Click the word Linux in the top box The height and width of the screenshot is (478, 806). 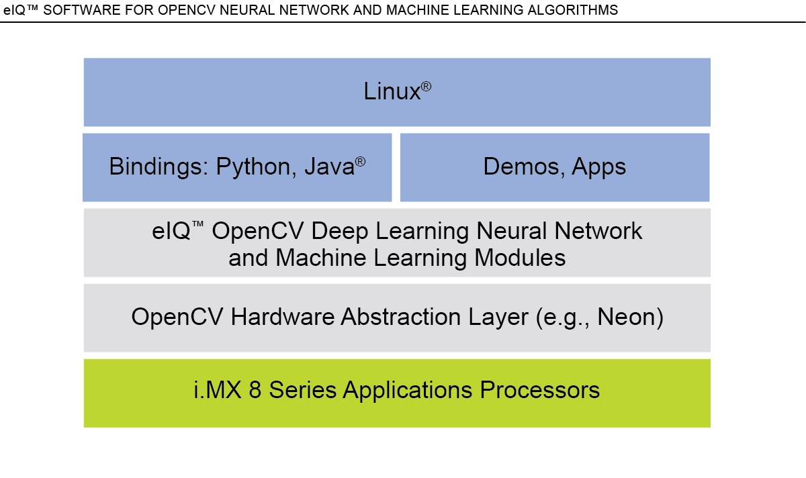392,92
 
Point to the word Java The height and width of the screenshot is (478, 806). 328,167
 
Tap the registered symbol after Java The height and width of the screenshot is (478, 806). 361,162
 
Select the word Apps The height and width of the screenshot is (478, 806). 599,167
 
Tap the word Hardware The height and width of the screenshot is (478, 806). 282,318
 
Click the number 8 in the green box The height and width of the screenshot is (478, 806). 256,390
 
